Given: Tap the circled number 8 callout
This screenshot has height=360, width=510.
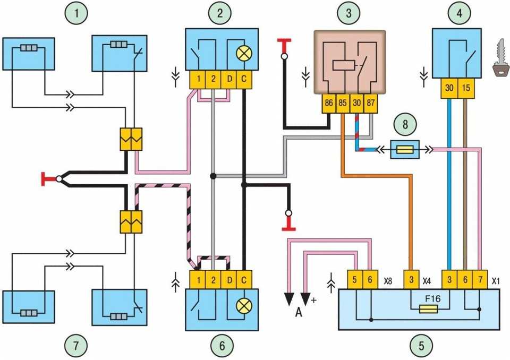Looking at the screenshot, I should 406,125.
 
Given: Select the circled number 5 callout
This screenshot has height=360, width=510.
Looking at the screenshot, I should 421,346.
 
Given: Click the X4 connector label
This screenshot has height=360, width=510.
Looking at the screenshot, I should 427,279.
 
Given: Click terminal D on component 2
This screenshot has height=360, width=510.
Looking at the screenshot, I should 229,80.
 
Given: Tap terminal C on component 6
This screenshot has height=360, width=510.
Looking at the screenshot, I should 244,279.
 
